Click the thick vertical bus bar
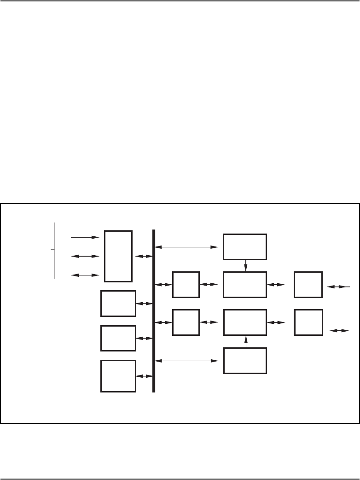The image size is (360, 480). pyautogui.click(x=154, y=311)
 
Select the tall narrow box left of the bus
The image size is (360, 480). pyautogui.click(x=118, y=256)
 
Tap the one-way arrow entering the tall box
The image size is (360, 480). pyautogui.click(x=85, y=237)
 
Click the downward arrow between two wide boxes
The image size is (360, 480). pyautogui.click(x=245, y=266)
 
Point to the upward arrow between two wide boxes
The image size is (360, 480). pyautogui.click(x=245, y=341)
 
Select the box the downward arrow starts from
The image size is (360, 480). pyautogui.click(x=244, y=247)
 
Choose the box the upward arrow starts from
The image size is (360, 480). pyautogui.click(x=244, y=361)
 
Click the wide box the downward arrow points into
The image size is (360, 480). pyautogui.click(x=244, y=285)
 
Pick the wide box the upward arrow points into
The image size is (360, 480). pyautogui.click(x=244, y=322)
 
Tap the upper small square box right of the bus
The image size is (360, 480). pyautogui.click(x=186, y=285)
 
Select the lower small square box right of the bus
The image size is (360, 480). pyautogui.click(x=186, y=322)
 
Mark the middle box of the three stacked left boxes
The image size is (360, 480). pyautogui.click(x=118, y=338)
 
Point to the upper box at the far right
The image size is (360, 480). pyautogui.click(x=308, y=285)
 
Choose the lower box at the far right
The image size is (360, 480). pyautogui.click(x=308, y=322)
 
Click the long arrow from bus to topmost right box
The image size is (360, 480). pyautogui.click(x=187, y=247)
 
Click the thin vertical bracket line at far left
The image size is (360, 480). pyautogui.click(x=54, y=250)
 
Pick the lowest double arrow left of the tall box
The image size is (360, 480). pyautogui.click(x=85, y=275)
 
